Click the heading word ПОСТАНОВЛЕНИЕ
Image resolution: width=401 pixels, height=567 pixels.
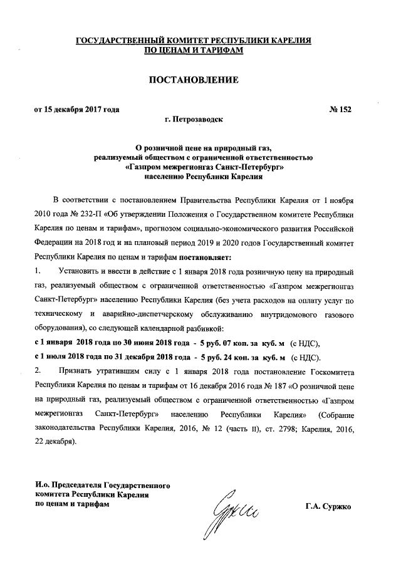[193, 80]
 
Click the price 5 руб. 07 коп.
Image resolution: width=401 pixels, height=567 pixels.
[220, 343]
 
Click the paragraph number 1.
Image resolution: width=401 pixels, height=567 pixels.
[38, 271]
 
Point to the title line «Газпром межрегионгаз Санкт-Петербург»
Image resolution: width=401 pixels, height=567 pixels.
[193, 168]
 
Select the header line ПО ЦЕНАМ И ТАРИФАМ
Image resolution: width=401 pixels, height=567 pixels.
[193, 50]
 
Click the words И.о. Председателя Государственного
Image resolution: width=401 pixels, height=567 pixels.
[100, 486]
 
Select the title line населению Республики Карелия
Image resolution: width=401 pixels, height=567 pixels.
[193, 177]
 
